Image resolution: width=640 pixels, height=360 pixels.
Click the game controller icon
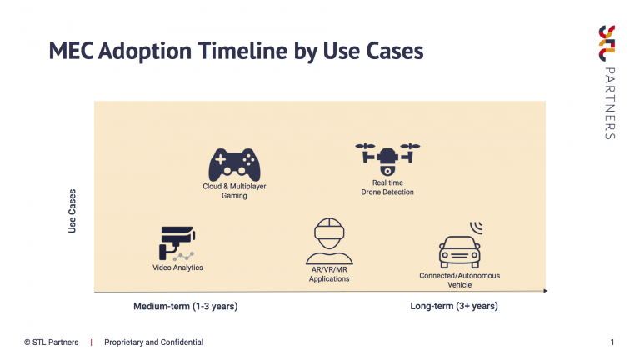[234, 165]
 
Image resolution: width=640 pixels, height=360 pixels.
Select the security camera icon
[177, 243]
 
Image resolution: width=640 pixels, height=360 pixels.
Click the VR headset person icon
[329, 241]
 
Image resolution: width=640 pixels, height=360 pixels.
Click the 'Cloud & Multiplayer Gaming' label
[234, 191]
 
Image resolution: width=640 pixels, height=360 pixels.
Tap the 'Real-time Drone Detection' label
[387, 187]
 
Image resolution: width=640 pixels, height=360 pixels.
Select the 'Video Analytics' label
[177, 267]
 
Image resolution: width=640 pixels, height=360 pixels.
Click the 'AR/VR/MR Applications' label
[329, 274]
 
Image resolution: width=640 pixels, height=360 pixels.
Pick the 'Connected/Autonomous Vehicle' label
[460, 280]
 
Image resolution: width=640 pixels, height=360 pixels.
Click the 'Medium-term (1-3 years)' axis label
[185, 306]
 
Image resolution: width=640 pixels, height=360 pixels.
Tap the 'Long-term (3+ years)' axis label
[454, 306]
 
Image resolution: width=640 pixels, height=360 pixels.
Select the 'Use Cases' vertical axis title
[72, 211]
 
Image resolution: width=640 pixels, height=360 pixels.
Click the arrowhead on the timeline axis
[545, 291]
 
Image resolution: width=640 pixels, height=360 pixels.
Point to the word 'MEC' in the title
[71, 51]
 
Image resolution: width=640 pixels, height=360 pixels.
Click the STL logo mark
[607, 43]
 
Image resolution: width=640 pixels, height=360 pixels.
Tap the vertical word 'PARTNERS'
[610, 103]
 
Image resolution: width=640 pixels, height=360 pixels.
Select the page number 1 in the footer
[612, 342]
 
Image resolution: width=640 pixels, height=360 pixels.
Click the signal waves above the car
[477, 227]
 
